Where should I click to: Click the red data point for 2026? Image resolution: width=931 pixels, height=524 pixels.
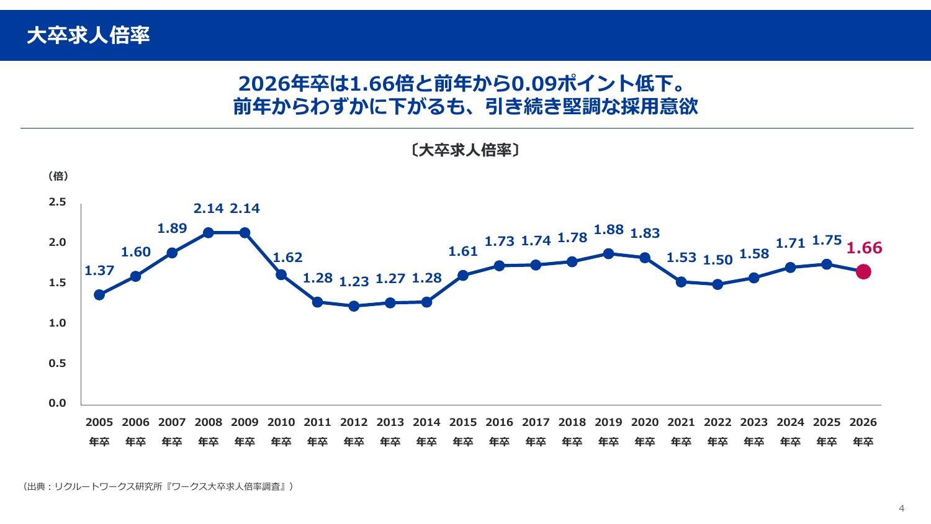(863, 272)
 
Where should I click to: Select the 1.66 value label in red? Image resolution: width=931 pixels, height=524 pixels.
(864, 248)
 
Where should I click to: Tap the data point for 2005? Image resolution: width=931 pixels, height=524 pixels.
(99, 295)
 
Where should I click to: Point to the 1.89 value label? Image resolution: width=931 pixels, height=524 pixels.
(172, 228)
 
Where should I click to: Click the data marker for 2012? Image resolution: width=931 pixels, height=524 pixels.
(354, 306)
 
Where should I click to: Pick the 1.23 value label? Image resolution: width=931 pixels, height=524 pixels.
(354, 282)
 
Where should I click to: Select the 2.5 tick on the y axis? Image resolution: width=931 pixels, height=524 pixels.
(58, 202)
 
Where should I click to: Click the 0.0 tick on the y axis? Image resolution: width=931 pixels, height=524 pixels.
(58, 404)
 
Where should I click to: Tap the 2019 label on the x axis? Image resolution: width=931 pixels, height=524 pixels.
(608, 422)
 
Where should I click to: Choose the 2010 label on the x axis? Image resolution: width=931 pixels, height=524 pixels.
(281, 422)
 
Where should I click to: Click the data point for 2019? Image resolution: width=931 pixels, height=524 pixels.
(608, 253)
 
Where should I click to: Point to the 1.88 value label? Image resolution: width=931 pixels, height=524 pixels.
(608, 230)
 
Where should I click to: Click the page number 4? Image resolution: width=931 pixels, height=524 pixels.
(902, 508)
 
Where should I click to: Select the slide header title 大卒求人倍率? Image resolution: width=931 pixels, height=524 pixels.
(88, 36)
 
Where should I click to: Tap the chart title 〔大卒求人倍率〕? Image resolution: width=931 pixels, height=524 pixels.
(465, 150)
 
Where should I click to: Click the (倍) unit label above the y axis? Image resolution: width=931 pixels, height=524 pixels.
(58, 176)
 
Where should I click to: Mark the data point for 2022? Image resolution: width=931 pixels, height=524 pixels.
(717, 284)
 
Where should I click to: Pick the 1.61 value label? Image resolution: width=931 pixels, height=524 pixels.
(463, 251)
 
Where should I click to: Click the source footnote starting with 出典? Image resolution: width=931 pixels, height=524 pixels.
(158, 487)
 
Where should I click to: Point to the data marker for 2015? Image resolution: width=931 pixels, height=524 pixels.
(463, 275)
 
